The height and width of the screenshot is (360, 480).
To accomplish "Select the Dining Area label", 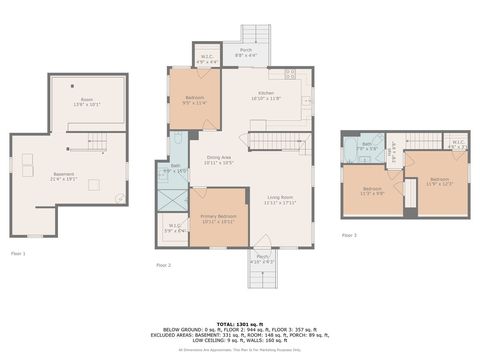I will (x=218, y=160).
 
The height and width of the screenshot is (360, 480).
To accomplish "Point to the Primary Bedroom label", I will (x=218, y=219).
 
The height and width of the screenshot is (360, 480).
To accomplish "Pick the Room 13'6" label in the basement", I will (x=87, y=101).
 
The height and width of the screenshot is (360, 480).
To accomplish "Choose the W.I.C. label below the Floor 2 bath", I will (x=175, y=229).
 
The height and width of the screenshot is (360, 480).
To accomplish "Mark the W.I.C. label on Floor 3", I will (x=457, y=145).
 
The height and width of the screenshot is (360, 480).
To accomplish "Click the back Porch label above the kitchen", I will (x=245, y=53).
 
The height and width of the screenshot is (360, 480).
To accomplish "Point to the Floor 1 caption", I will (x=18, y=254).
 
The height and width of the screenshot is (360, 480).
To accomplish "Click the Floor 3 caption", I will (x=348, y=235).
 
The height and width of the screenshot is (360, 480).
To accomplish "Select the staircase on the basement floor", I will (x=93, y=144).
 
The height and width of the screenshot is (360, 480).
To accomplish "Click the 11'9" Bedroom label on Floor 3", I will (x=439, y=182).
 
